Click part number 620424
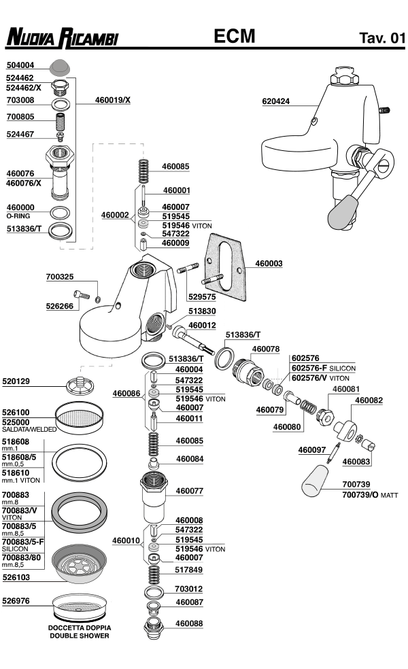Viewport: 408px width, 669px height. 276,102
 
